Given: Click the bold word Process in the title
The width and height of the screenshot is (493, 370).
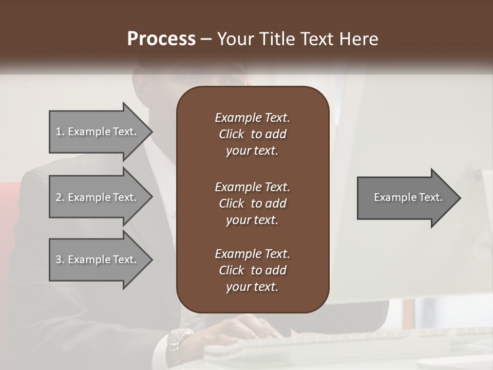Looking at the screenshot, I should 161,39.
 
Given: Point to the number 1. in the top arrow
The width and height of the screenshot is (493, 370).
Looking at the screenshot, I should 60,132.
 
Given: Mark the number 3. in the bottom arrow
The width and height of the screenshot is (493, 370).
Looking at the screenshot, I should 60,260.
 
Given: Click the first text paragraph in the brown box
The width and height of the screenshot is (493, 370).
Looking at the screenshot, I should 252,134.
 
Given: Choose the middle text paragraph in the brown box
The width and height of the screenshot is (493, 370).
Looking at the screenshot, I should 252,203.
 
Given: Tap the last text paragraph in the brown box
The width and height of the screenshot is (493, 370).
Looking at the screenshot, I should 252,270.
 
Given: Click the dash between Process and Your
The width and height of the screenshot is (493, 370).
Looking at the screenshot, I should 206,39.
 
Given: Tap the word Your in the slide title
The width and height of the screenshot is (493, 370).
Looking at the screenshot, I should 236,39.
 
